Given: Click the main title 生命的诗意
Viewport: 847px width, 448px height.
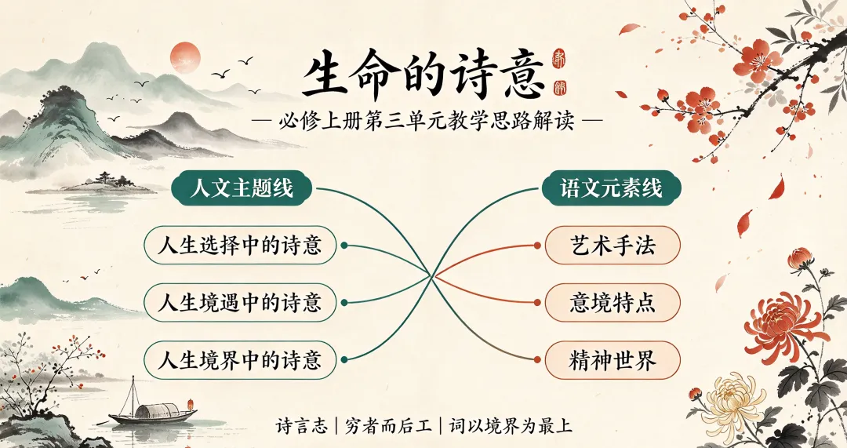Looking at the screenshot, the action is coord(423,75).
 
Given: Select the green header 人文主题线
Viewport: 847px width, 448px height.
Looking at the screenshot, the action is coord(242,188).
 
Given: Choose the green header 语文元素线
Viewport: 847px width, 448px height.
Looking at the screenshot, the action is coord(612,188).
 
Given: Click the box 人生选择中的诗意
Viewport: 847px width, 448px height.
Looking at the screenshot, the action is coord(240,246).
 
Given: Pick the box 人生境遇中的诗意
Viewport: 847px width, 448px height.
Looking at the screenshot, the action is coord(240,303).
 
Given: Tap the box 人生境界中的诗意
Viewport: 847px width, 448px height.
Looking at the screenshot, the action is coord(240,360).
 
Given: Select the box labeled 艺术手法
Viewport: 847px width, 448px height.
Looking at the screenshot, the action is coord(613,246).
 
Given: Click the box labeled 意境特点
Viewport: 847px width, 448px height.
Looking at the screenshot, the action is coord(613,303).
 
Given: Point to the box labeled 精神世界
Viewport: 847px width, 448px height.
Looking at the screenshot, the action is coord(613,360).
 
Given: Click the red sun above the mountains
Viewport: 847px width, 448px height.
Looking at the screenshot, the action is coord(185,57).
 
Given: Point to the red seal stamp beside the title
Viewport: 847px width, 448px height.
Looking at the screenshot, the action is coord(558,73).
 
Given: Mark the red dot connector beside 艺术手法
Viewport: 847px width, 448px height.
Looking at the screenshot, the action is coord(537,246).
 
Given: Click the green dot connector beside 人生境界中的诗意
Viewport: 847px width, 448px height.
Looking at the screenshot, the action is coord(344,360).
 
